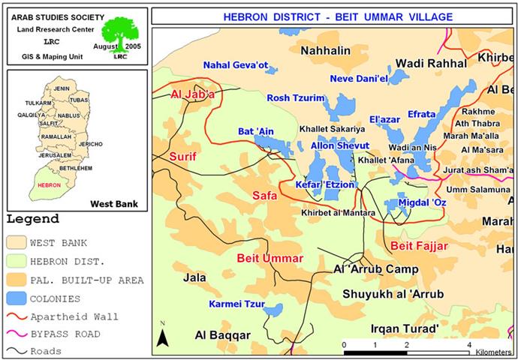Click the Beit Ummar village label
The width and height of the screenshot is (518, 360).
click(x=270, y=258)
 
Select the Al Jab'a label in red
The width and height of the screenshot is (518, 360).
click(x=193, y=95)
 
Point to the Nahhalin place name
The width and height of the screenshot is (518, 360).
click(x=326, y=50)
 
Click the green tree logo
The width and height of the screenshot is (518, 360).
click(x=122, y=34)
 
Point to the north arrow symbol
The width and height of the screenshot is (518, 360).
click(x=161, y=335)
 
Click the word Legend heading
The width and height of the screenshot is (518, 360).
click(x=33, y=220)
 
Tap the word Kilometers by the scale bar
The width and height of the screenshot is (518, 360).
click(x=492, y=352)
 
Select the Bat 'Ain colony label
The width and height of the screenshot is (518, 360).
click(x=256, y=132)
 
